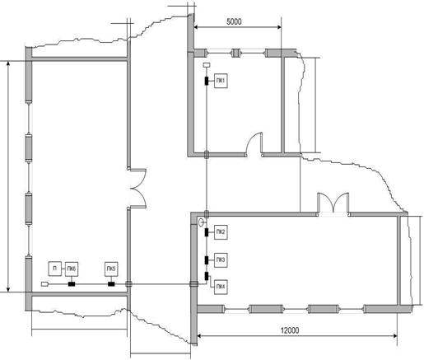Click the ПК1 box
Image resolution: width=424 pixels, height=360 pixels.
221,81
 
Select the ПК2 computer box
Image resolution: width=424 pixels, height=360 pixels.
221,232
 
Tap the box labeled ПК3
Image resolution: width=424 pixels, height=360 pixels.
221,259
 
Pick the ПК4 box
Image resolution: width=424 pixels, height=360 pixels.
221,287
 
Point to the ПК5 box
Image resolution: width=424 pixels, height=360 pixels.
111,269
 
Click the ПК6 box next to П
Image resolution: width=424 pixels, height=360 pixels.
72,269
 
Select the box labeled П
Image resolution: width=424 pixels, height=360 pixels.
54,269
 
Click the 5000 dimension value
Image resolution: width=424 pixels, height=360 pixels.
234,21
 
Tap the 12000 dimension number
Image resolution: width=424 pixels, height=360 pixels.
290,330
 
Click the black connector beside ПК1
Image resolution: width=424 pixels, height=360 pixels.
207,81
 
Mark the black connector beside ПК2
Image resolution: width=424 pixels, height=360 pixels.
207,232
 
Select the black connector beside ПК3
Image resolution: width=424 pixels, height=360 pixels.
207,259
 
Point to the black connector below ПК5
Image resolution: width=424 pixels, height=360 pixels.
111,284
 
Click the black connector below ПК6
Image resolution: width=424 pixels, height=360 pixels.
72,284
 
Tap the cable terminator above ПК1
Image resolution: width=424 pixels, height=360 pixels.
207,65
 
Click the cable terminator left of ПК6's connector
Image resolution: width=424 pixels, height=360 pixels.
44,284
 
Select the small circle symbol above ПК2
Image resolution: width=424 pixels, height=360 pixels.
202,222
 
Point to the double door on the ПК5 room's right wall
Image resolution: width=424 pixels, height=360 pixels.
138,189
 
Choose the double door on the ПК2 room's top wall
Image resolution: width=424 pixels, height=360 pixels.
333,203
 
